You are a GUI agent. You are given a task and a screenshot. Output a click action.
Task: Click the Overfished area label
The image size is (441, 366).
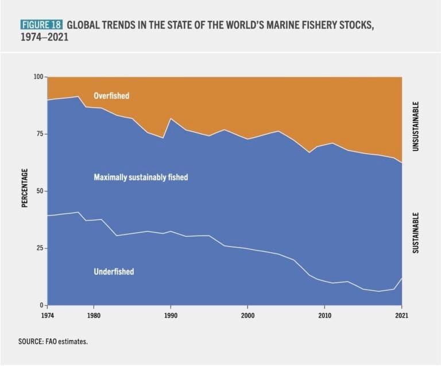111,96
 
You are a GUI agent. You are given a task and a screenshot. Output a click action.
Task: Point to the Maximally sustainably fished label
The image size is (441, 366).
141,178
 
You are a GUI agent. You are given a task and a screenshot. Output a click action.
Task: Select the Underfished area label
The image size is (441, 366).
114,271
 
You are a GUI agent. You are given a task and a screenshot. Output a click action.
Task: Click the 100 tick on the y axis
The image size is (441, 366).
38,77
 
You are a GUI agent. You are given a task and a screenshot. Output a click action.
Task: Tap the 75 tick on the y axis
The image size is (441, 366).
40,134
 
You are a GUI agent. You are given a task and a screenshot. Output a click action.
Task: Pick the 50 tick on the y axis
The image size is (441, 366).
40,191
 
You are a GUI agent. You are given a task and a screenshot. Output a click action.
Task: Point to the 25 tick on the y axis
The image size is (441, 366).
40,248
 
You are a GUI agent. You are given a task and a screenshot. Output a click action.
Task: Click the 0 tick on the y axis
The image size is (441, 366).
42,305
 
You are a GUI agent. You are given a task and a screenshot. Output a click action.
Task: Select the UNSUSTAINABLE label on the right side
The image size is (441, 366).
416,127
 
